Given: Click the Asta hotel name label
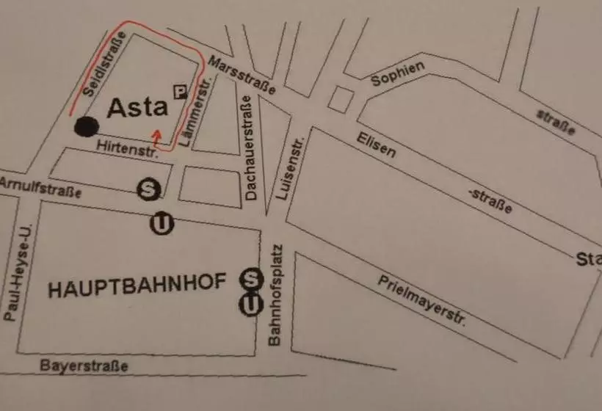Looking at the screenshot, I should point(138,108).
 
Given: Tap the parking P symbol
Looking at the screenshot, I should point(178,91).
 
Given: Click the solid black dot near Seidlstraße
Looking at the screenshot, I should point(86,126).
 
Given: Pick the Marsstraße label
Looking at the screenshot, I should point(242,75).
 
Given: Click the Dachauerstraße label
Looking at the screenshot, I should point(250,150).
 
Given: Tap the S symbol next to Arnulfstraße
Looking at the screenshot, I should point(148,189).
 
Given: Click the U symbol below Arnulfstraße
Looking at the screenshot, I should point(162,223).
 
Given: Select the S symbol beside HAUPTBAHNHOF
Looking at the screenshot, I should point(252,279).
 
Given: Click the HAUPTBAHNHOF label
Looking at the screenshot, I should point(136,287).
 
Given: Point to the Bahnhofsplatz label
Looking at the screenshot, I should point(276,294).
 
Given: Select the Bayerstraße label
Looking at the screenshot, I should point(84,365).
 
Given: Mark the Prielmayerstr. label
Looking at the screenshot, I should point(423,301).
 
